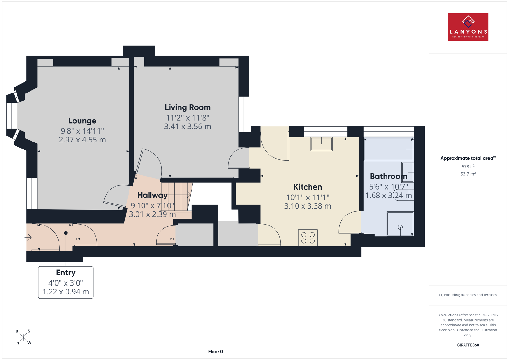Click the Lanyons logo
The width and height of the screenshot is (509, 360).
[x=468, y=27]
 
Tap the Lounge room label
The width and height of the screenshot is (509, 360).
[x=82, y=121]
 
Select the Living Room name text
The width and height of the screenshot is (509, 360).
[x=187, y=107]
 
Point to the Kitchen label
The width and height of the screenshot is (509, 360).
[x=308, y=187]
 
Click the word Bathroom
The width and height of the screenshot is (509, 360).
[x=388, y=176]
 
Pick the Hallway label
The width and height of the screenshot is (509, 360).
[x=152, y=195]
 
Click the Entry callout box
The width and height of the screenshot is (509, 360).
[x=66, y=282]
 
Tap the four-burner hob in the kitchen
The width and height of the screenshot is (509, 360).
[x=308, y=238]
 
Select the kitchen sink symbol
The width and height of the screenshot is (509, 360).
[x=322, y=144]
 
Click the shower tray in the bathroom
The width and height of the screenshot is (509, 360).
[x=400, y=224]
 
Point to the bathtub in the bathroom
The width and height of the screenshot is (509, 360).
[x=388, y=149]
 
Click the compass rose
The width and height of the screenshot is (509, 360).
[x=24, y=337]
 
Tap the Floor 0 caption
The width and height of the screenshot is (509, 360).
[x=216, y=352]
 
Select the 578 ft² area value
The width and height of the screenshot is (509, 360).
[x=468, y=167]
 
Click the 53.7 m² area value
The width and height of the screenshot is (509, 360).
[x=468, y=174]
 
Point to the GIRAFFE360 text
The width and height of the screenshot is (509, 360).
[x=468, y=345]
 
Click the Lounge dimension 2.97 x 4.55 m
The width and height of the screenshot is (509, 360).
[x=82, y=140]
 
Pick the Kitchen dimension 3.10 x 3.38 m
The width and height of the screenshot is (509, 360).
[x=308, y=206]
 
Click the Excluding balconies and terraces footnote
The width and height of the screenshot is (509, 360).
[x=468, y=295]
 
